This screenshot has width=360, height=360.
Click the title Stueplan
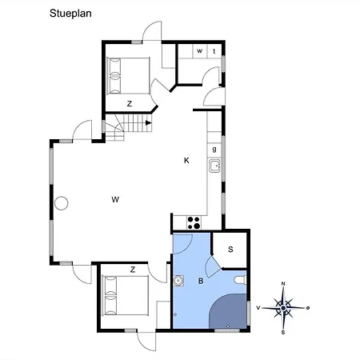click(70, 14)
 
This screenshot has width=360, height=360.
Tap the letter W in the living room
click(115, 199)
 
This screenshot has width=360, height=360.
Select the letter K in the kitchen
click(186, 160)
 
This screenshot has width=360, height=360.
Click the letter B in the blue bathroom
click(201, 281)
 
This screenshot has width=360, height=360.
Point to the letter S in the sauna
click(230, 250)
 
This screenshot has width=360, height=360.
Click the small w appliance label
click(200, 50)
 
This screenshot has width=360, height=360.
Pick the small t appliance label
click(214, 51)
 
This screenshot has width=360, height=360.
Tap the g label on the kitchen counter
click(214, 150)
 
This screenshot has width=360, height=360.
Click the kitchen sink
click(214, 166)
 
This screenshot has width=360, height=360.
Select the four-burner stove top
click(194, 223)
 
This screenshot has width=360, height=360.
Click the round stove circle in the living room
click(62, 203)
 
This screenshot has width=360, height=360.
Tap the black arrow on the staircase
click(149, 123)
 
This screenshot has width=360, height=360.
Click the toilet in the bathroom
click(240, 280)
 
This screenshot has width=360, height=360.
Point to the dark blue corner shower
click(229, 311)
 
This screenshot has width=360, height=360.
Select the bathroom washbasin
click(178, 281)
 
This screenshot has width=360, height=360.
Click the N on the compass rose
click(283, 284)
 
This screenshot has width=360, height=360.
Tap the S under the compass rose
click(283, 333)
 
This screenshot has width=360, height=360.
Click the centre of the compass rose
click(283, 308)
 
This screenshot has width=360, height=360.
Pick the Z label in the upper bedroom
click(130, 104)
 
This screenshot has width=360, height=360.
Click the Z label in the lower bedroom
click(133, 270)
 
